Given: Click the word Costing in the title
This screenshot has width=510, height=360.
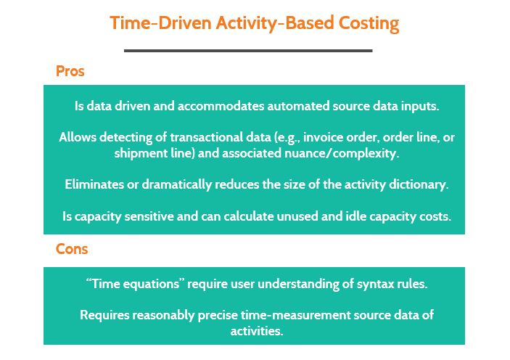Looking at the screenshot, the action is tap(369, 23).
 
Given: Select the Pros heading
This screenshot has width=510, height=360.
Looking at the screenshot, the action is tap(70, 71).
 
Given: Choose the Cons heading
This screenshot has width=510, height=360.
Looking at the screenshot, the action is tap(72, 249).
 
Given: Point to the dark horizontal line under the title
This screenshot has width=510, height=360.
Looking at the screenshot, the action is tap(248, 51).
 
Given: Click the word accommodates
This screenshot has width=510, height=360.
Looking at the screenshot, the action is tap(221, 106).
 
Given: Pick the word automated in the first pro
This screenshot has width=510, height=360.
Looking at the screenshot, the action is tap(299, 106).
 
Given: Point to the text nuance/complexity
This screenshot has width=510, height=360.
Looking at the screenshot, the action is tap(342, 153).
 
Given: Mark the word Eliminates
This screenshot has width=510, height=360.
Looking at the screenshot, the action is tap(94, 184).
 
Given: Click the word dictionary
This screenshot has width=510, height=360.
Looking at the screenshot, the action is tap(419, 185).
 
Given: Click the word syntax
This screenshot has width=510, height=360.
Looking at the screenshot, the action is tap(375, 285).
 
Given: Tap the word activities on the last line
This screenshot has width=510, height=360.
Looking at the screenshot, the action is tap(257, 331).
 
